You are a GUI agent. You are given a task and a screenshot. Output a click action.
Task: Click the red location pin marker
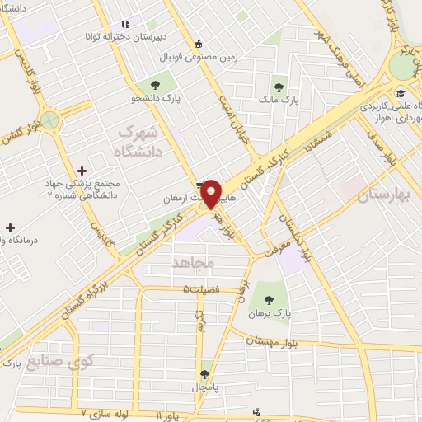211,194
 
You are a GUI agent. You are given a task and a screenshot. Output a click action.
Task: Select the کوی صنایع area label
60,359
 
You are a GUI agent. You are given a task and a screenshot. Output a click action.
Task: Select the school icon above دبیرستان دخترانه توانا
125,25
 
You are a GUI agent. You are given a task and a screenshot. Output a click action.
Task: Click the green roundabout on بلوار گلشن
52,120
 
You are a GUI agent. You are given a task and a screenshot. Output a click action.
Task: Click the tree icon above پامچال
205,375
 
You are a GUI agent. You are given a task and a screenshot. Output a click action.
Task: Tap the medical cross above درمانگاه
10,227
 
